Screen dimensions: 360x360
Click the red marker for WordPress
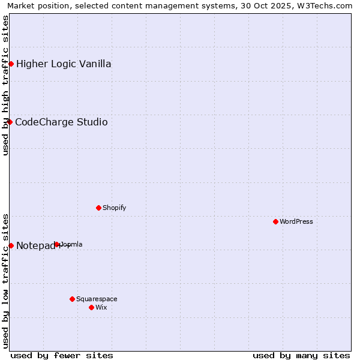pyautogui.click(x=275, y=221)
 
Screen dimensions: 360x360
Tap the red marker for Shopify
pyautogui.click(x=98, y=208)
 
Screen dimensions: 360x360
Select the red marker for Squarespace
pyautogui.click(x=72, y=299)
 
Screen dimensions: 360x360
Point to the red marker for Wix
pyautogui.click(x=91, y=307)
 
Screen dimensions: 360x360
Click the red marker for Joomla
pyautogui.click(x=56, y=244)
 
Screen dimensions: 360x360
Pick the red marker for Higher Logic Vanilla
pyautogui.click(x=11, y=64)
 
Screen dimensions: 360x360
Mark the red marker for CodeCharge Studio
pyautogui.click(x=10, y=122)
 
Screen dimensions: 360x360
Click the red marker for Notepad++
pyautogui.click(x=11, y=245)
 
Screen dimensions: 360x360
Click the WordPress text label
pyautogui.click(x=296, y=221)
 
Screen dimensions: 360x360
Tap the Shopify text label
pyautogui.click(x=114, y=208)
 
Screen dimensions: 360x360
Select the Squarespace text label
pyautogui.click(x=97, y=299)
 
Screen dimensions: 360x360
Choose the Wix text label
pyautogui.click(x=101, y=307)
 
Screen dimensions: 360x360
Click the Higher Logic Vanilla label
pyautogui.click(x=64, y=64)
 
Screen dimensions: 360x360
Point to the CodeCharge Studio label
pyautogui.click(x=61, y=122)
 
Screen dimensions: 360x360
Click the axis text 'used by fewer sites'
pyautogui.click(x=62, y=355)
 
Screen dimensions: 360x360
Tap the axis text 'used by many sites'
pyautogui.click(x=301, y=355)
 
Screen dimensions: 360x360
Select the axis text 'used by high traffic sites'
pyautogui.click(x=5, y=85)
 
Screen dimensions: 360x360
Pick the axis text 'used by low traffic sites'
pyautogui.click(x=5, y=280)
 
